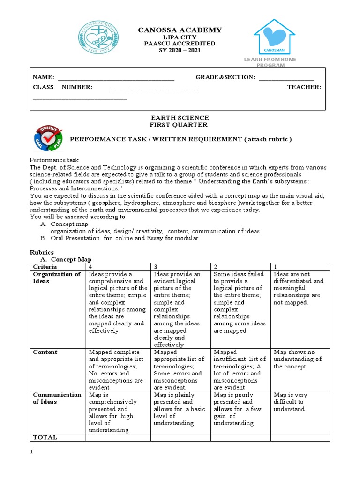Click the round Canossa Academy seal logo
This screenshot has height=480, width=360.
point(98,39)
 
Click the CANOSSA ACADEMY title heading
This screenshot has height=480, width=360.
point(180,30)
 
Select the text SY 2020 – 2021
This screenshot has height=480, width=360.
point(180,50)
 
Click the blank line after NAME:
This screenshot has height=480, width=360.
point(115,78)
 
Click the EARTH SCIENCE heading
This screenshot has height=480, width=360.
point(179,118)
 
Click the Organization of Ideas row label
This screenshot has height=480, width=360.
point(57,277)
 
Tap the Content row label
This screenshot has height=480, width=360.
point(45,352)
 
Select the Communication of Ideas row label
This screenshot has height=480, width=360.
point(57,398)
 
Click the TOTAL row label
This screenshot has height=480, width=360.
point(45,437)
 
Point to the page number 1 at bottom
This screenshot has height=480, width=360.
point(31,451)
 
